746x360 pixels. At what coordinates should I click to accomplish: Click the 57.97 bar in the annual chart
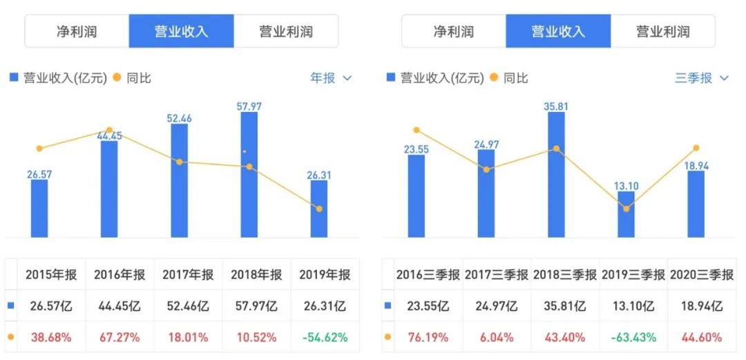pos(249,176)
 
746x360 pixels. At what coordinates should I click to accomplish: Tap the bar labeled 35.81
pos(556,176)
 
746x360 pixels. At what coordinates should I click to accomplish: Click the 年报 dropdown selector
pos(331,78)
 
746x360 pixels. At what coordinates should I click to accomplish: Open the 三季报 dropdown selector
pos(701,78)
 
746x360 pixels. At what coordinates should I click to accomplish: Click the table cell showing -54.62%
pos(325,337)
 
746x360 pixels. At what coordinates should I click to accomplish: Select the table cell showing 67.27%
pos(120,337)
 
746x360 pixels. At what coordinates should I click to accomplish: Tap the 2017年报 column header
pos(188,274)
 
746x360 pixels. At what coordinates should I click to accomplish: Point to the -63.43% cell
pos(633,337)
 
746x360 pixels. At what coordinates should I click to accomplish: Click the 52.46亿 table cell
pos(188,306)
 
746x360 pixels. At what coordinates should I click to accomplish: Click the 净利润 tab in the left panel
pos(77,31)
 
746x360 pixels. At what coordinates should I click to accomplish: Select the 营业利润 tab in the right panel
pos(662,31)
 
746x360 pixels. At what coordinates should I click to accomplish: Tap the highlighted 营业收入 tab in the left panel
pos(181,31)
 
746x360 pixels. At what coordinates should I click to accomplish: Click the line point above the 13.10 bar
pos(626,209)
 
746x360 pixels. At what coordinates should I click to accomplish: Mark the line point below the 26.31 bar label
pos(318,209)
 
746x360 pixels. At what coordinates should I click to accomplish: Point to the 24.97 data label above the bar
pos(486,144)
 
